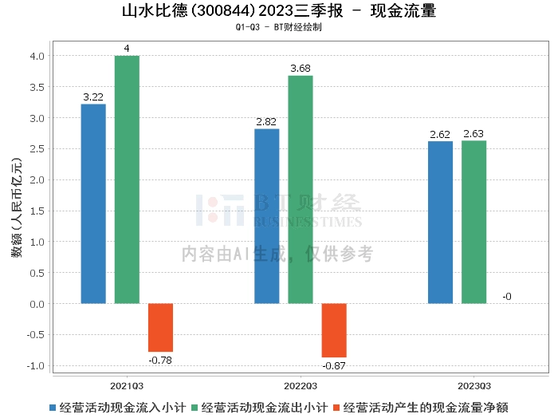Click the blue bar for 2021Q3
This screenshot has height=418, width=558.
93,203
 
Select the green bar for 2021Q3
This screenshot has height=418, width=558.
127,179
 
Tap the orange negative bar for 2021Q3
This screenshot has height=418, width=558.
160,328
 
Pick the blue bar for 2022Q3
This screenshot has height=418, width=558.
266,216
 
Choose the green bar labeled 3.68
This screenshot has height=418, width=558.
301,189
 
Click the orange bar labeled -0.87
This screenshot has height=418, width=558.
334,330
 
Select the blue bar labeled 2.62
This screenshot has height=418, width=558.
440,223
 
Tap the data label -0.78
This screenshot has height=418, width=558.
160,360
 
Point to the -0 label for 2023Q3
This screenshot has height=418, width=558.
507,297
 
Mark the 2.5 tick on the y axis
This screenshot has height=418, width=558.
37,149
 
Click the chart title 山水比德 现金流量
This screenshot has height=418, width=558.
278,11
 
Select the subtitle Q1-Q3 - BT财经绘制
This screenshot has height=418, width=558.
278,27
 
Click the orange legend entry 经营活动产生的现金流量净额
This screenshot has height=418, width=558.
426,407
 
